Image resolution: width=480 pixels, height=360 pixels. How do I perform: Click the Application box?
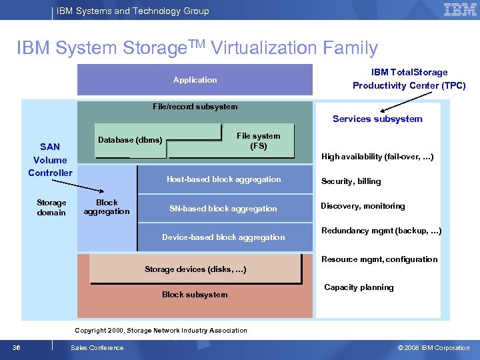(x=195, y=80)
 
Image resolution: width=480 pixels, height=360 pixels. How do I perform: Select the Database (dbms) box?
(x=130, y=140)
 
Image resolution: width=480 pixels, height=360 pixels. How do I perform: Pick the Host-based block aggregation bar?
(x=223, y=179)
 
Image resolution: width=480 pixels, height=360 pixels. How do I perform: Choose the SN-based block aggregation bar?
(x=223, y=209)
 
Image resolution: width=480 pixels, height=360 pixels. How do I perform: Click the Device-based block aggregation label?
(x=223, y=237)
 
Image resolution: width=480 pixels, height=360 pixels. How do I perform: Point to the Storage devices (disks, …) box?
(x=195, y=269)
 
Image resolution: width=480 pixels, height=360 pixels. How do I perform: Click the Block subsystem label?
(x=195, y=295)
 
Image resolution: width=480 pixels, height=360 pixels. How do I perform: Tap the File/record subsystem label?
(x=195, y=107)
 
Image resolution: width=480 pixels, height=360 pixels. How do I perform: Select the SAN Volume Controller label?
(x=50, y=160)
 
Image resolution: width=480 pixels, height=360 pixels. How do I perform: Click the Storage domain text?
(x=51, y=207)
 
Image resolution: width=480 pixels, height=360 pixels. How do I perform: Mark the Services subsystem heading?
(x=377, y=119)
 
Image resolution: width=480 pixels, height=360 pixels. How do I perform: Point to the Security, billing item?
(x=351, y=181)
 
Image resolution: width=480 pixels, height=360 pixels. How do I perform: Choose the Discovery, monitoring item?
(x=363, y=206)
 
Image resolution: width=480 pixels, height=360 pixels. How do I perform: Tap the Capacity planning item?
(x=359, y=287)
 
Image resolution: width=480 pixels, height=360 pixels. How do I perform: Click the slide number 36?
(x=15, y=347)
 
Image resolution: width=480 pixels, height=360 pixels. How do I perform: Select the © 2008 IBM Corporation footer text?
(x=433, y=347)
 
